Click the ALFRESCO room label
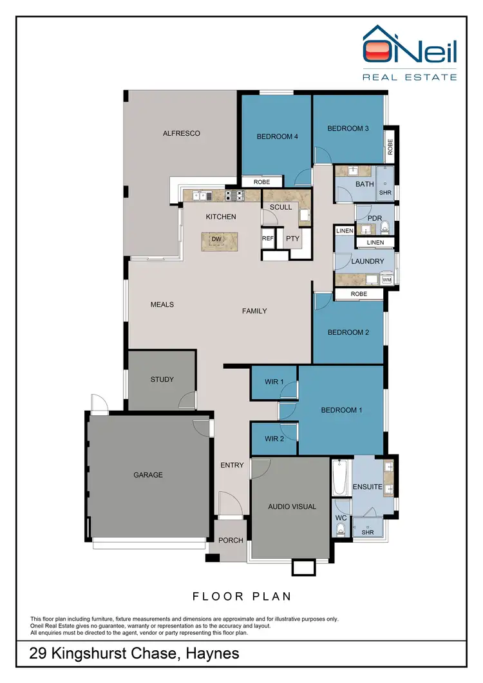click(181, 134)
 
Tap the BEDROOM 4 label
click(277, 136)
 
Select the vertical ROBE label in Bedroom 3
click(390, 147)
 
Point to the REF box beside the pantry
click(268, 238)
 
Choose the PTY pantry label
click(293, 238)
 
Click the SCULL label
click(281, 207)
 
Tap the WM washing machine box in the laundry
click(386, 280)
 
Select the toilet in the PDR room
click(386, 227)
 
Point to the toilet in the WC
click(341, 529)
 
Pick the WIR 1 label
click(274, 382)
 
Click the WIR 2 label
click(274, 439)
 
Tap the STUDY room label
click(162, 380)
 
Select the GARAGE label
click(149, 475)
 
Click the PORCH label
click(231, 541)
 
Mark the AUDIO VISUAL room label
click(292, 507)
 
